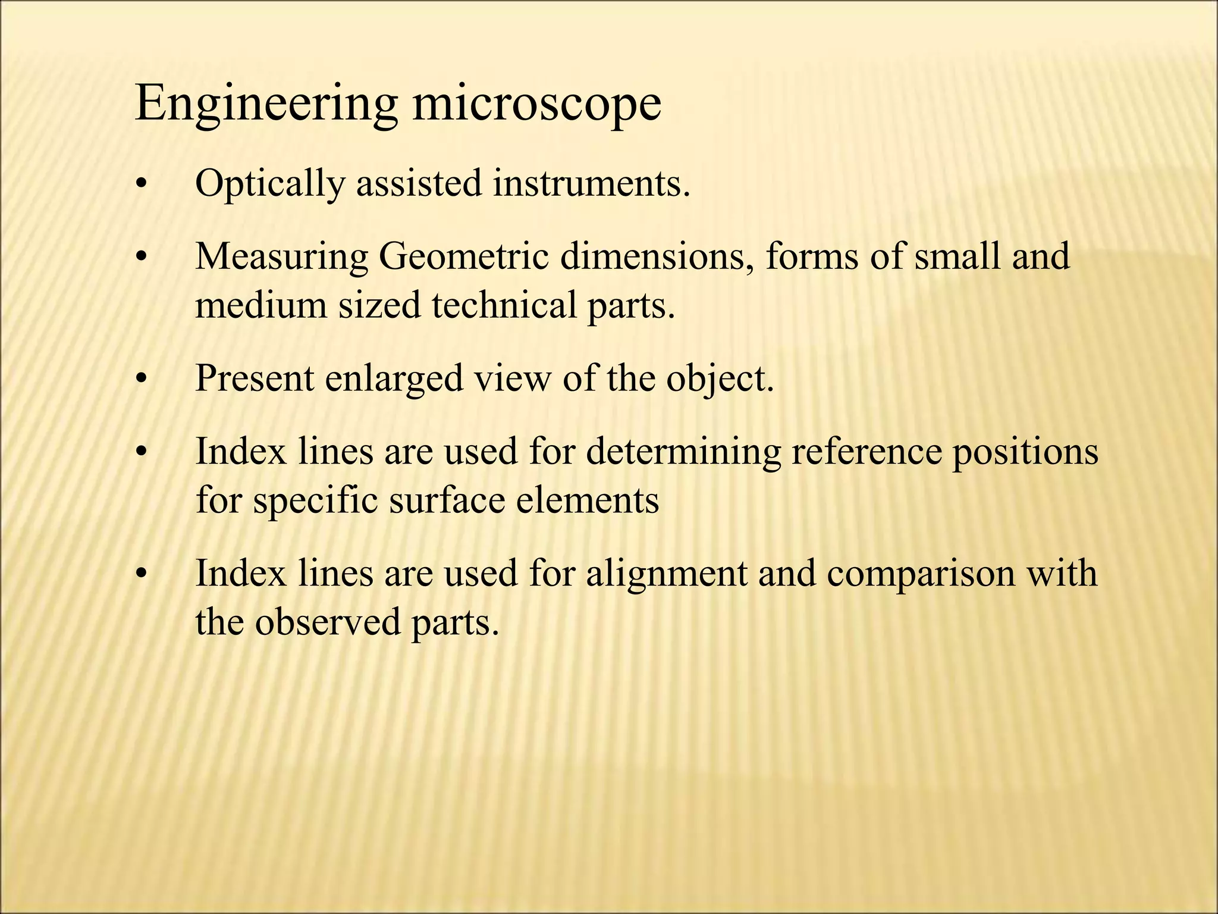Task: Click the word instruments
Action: point(591,184)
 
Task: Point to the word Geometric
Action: point(464,257)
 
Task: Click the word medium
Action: point(261,305)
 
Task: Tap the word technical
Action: point(504,305)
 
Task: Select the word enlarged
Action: point(394,378)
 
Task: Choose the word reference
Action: point(867,452)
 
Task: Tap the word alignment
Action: point(666,574)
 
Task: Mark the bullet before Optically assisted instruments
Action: point(140,185)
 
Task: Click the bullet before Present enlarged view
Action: point(140,379)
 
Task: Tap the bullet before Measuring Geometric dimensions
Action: point(140,258)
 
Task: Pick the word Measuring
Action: point(282,257)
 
